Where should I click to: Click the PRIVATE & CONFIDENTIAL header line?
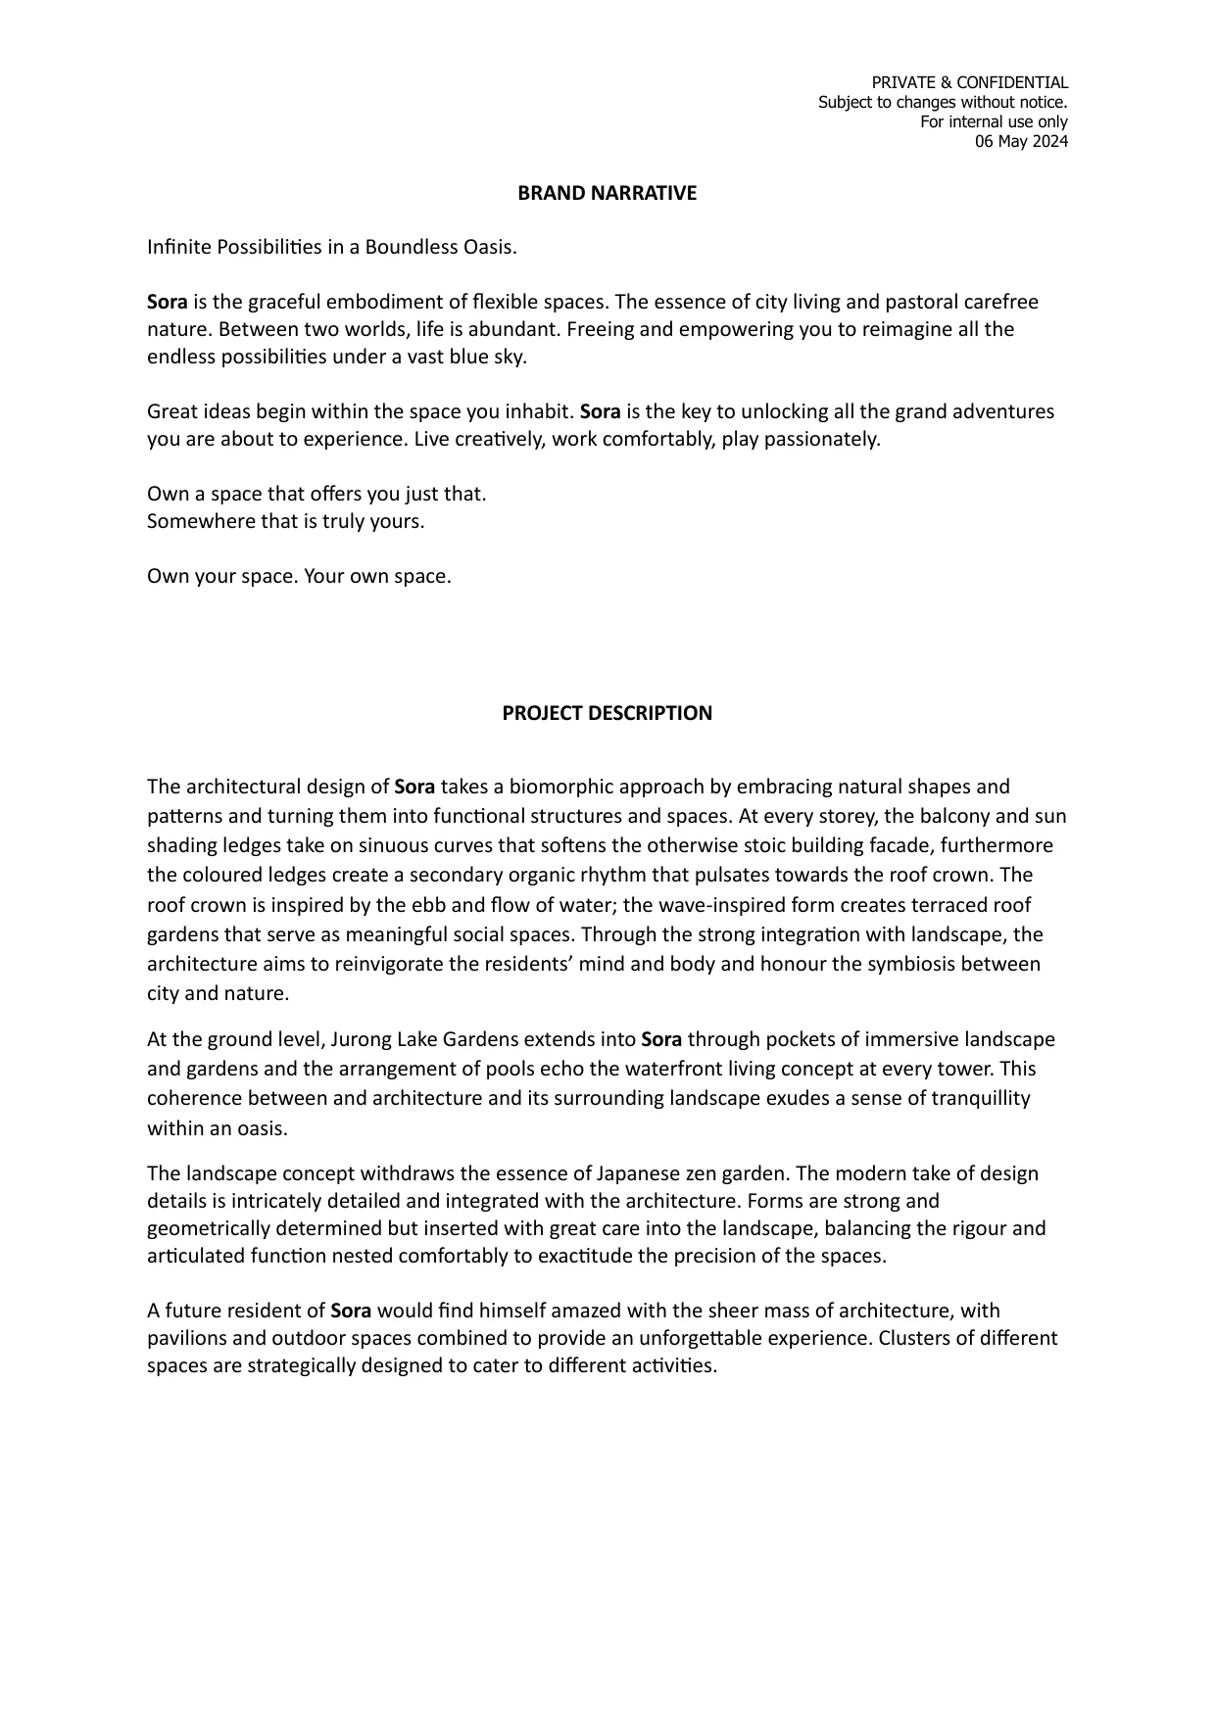click(x=969, y=82)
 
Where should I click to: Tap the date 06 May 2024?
click(x=1021, y=141)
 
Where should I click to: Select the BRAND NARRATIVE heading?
click(x=607, y=193)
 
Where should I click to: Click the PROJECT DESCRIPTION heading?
click(x=607, y=713)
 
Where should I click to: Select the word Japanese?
click(x=634, y=1173)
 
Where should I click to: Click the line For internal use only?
click(x=994, y=121)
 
